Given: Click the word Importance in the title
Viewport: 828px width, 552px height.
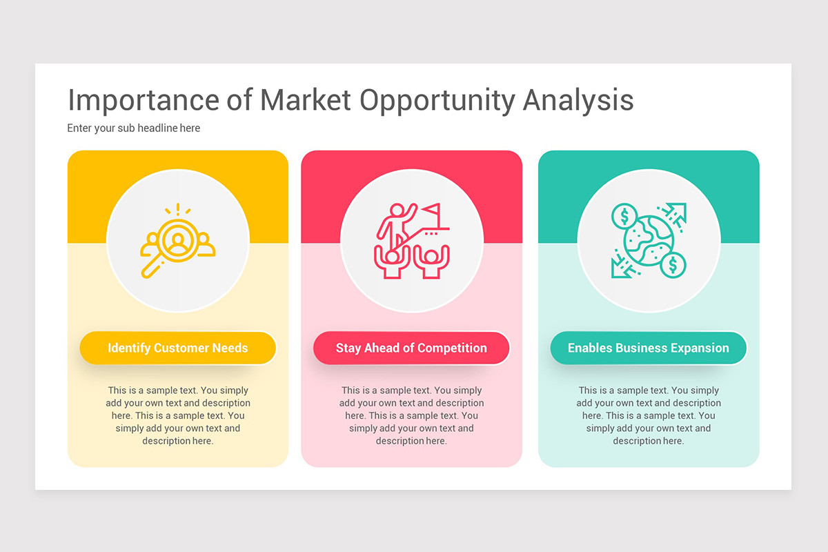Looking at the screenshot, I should [x=143, y=100].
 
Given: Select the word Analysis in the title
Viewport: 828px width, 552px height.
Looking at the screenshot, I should [x=578, y=101].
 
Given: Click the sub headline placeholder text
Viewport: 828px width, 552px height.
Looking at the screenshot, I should [x=134, y=128].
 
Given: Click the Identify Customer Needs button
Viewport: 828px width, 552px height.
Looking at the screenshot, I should [x=178, y=348].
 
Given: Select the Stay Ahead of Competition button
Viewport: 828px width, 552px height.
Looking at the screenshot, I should [x=411, y=348].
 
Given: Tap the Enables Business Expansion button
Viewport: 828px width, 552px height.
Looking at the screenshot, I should [x=649, y=348].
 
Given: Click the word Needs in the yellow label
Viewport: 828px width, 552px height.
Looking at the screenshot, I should [x=230, y=348].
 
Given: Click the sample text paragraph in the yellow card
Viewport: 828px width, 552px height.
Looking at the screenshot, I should [x=178, y=415].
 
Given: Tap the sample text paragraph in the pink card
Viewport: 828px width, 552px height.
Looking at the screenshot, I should [x=411, y=415].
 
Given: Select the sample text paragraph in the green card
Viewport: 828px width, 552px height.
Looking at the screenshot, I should [x=649, y=415].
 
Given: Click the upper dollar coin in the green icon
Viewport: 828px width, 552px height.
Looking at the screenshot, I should [x=624, y=217].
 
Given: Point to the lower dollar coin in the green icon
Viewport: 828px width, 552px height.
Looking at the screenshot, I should [x=673, y=265].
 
